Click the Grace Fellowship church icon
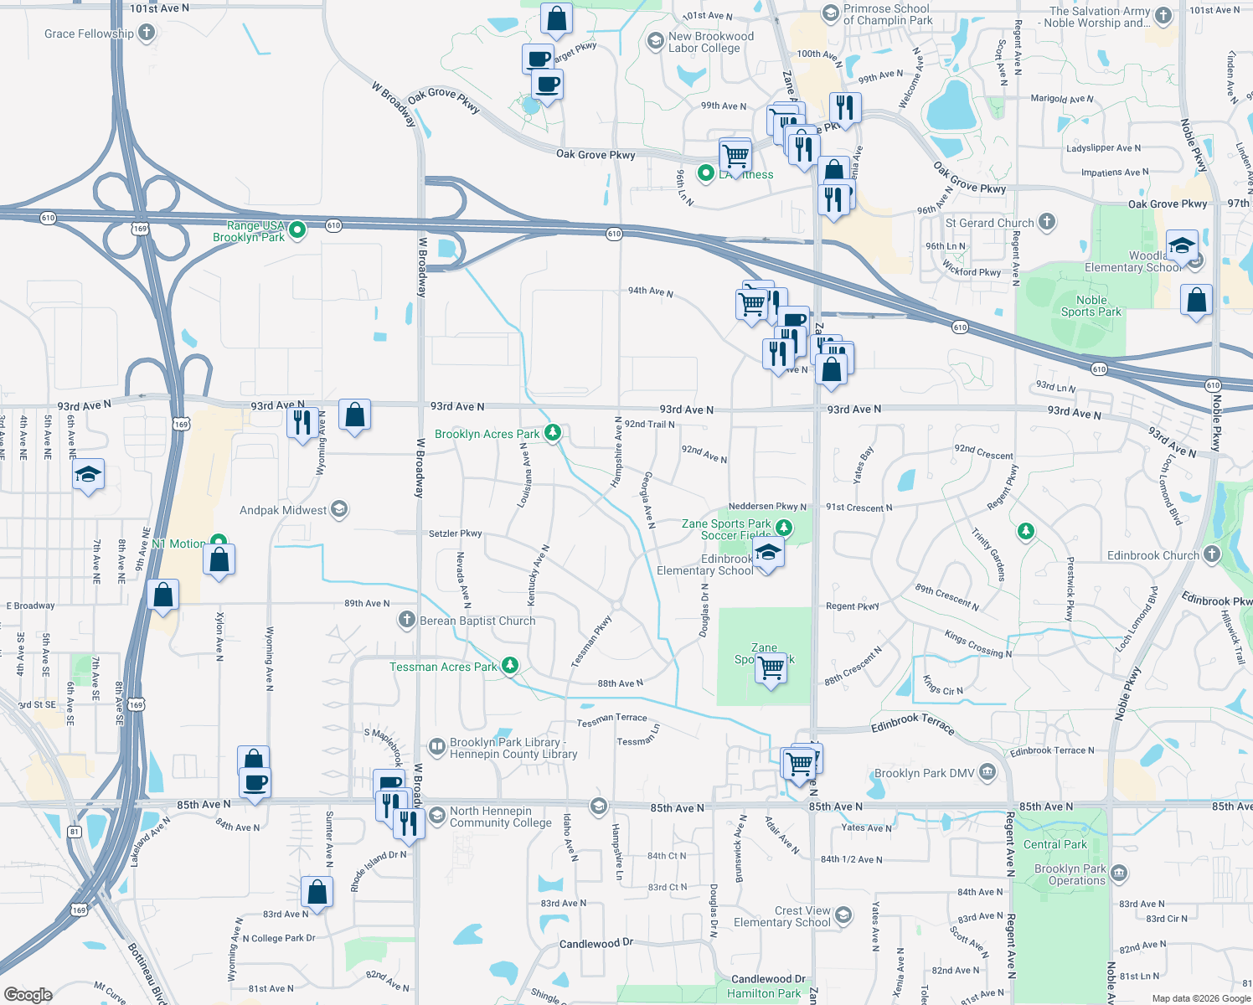(x=147, y=33)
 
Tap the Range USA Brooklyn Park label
(x=249, y=231)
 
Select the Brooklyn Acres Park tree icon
(x=553, y=433)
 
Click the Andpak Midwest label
(x=283, y=510)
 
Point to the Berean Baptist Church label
(x=477, y=621)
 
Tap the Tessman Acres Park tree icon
(x=509, y=666)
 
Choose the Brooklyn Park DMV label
(x=925, y=773)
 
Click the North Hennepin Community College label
(x=500, y=817)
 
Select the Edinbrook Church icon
(x=1212, y=554)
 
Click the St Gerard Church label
(x=989, y=223)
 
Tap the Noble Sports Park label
(x=1091, y=306)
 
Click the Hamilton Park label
(x=764, y=993)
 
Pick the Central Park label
(x=1054, y=844)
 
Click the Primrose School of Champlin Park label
(x=887, y=14)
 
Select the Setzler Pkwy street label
(x=456, y=533)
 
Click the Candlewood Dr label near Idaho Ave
(x=596, y=944)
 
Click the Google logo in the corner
(x=28, y=995)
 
